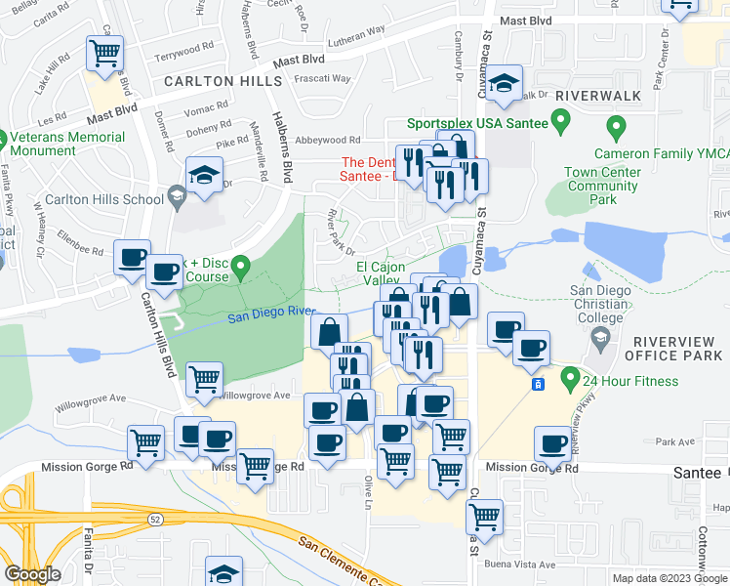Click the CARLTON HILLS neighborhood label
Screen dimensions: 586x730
coord(223,81)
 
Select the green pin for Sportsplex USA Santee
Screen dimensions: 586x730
coord(560,122)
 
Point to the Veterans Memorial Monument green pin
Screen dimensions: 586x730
coord(3,141)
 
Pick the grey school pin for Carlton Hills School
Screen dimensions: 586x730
coord(176,199)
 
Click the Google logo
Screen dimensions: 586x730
coord(32,573)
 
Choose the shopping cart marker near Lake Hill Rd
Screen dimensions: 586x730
coord(104,54)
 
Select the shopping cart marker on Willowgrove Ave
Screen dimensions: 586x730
coord(204,379)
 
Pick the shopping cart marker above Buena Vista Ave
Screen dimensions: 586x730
coord(483,516)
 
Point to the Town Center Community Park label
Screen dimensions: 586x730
coord(604,186)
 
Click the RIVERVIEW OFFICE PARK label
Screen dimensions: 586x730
coord(677,348)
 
